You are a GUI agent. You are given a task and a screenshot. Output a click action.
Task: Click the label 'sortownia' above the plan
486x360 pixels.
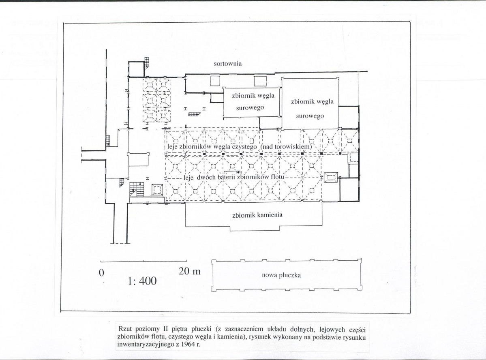point(227,64)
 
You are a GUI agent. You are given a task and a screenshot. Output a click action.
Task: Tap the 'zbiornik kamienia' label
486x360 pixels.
point(257,215)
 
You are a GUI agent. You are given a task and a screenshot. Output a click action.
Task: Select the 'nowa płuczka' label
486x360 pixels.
point(281,275)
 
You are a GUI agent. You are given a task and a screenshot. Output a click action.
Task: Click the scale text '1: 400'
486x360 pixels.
point(142,281)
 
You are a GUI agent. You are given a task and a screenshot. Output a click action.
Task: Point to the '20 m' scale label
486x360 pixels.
point(189,271)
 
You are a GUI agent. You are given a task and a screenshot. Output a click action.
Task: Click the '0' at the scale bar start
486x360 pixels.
point(101,273)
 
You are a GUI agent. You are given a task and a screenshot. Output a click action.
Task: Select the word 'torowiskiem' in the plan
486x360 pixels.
point(293,146)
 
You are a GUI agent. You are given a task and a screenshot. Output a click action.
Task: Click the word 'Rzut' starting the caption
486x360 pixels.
point(124,329)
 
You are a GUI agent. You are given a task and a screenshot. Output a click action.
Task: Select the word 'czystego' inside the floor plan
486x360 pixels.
point(244,146)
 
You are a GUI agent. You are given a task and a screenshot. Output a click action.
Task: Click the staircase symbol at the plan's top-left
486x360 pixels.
point(147,62)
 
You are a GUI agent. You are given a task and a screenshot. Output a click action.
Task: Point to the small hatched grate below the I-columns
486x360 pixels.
point(194,114)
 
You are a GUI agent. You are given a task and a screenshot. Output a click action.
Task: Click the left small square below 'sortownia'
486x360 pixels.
point(215,81)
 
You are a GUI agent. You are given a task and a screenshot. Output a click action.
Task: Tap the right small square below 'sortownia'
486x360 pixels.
point(260,81)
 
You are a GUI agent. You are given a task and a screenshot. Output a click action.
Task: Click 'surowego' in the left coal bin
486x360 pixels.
point(250,108)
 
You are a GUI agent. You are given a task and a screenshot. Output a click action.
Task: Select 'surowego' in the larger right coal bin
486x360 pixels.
point(310,116)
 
